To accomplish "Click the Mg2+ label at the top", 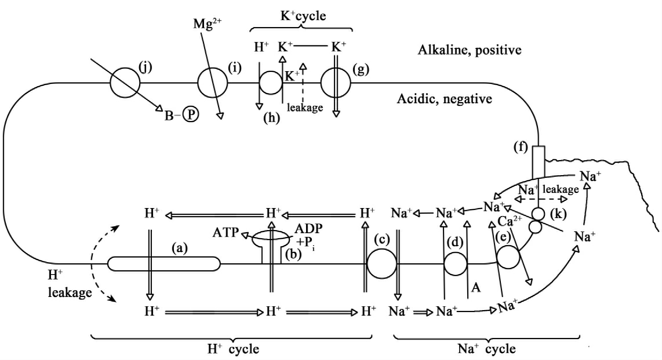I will coord(207,24).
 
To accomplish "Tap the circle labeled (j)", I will coord(125,83).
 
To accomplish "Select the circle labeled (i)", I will coord(213,83).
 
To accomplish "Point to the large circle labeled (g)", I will coord(336,83).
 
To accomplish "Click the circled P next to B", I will coord(191,114).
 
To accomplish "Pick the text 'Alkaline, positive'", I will coord(469,50).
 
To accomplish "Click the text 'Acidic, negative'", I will coord(444,99).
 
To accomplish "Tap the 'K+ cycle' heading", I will coord(303,16).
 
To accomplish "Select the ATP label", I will coord(226,232).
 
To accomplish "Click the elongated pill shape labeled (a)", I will coord(164,264).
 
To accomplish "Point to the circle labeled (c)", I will coord(381,264).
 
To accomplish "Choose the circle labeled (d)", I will coord(455,264).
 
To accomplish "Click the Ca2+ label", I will coord(509,221).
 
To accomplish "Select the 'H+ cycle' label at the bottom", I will coord(233,349).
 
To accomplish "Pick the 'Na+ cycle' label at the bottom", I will coord(486,349).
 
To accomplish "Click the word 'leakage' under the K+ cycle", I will coord(305,107).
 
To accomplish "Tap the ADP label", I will coord(308,229).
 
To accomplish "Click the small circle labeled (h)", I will coord(271,83).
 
